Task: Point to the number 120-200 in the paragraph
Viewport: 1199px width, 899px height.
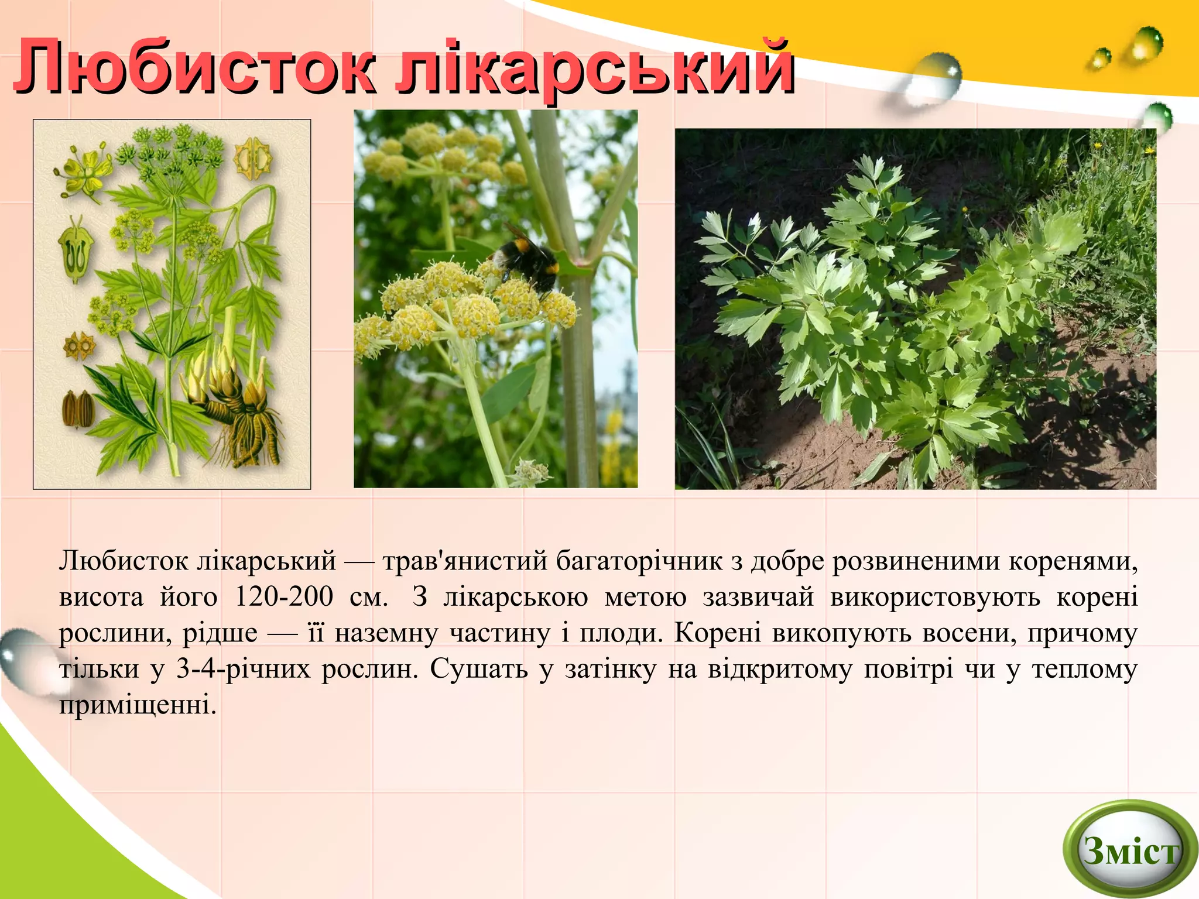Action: coord(283,597)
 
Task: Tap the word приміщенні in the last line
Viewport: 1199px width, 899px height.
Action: coord(138,705)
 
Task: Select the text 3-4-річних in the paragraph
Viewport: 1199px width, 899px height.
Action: coord(243,669)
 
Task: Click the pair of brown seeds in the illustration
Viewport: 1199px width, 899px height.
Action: coord(78,408)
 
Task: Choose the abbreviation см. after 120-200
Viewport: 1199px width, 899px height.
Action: coord(368,597)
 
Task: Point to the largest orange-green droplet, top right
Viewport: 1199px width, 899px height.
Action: coord(1146,44)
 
